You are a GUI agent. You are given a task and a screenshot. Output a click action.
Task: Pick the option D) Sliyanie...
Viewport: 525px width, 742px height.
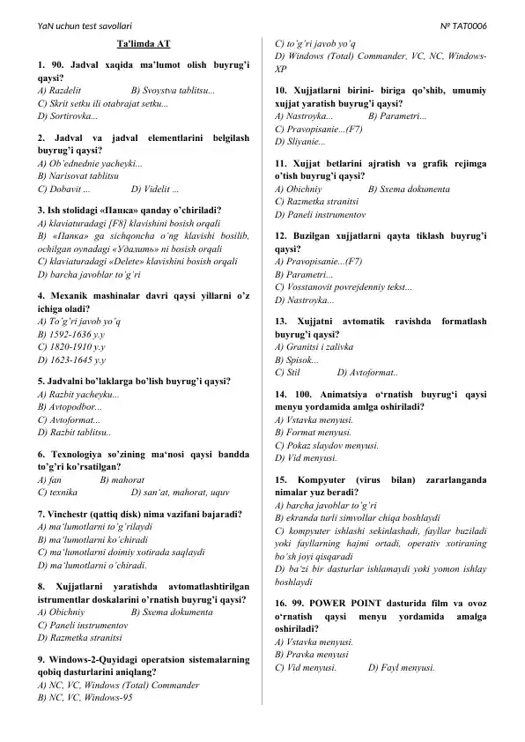(x=299, y=141)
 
